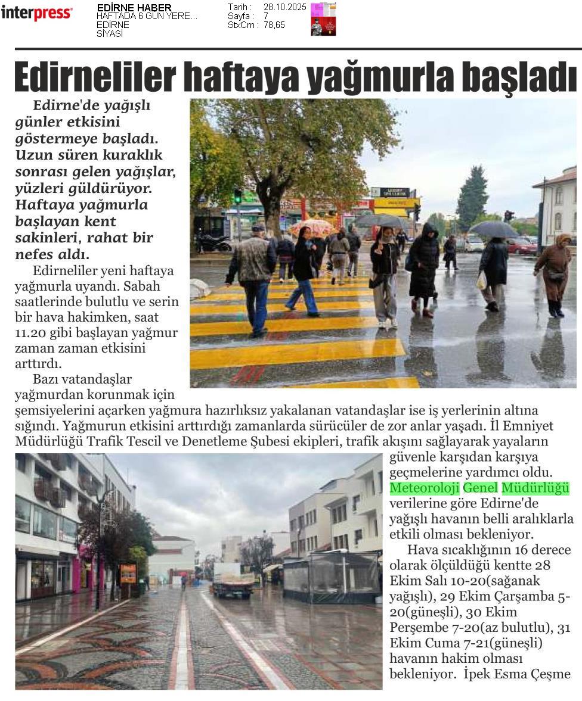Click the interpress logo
(x=36, y=13)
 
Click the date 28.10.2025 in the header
(x=284, y=7)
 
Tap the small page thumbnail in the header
(x=323, y=19)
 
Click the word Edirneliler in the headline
(x=95, y=76)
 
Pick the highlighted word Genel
(x=480, y=488)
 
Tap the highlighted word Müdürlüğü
(x=535, y=488)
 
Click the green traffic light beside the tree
(x=237, y=196)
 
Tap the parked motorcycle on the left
(x=213, y=242)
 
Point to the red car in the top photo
(x=521, y=245)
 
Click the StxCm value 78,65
(x=275, y=25)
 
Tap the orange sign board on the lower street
(x=128, y=573)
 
